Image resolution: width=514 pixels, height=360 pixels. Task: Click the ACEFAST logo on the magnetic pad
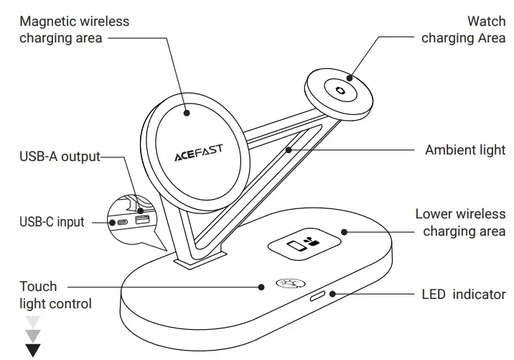tap(198, 152)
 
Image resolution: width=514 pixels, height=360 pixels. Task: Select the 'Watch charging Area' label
tap(463, 29)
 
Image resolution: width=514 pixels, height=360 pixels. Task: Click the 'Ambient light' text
tap(465, 150)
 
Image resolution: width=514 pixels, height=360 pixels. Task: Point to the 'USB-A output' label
tap(60, 156)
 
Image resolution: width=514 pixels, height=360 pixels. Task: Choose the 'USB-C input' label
tap(51, 222)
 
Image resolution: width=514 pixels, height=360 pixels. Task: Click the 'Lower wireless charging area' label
tap(460, 222)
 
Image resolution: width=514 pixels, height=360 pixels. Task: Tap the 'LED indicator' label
tap(463, 295)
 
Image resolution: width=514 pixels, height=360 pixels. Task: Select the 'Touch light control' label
tap(55, 295)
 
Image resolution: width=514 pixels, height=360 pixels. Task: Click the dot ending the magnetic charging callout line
tap(186, 112)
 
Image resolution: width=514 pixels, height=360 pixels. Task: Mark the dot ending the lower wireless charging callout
tap(345, 232)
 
